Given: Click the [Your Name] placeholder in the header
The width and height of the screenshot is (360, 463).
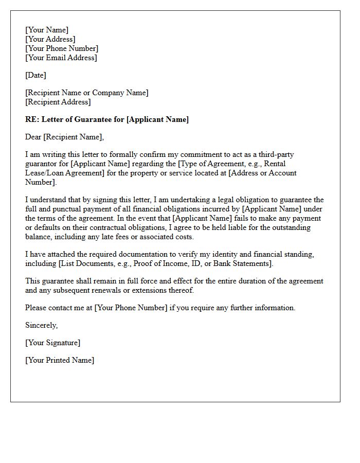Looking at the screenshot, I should tap(47, 30).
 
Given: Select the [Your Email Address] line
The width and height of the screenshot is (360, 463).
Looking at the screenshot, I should tap(61, 58).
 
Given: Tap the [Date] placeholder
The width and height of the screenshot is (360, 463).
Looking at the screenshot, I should tap(35, 75).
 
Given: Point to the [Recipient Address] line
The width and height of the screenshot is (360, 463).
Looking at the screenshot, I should tap(58, 102).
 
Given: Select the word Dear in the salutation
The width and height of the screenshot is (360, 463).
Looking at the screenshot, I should tap(33, 137).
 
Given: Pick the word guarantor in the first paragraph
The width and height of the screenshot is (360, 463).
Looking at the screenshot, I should tap(41, 164).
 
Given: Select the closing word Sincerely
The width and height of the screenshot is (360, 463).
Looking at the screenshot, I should tap(42, 325).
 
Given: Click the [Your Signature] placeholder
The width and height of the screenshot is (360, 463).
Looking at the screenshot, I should tap(52, 343).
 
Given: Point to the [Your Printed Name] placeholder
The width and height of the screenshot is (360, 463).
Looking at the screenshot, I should tap(60, 360).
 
